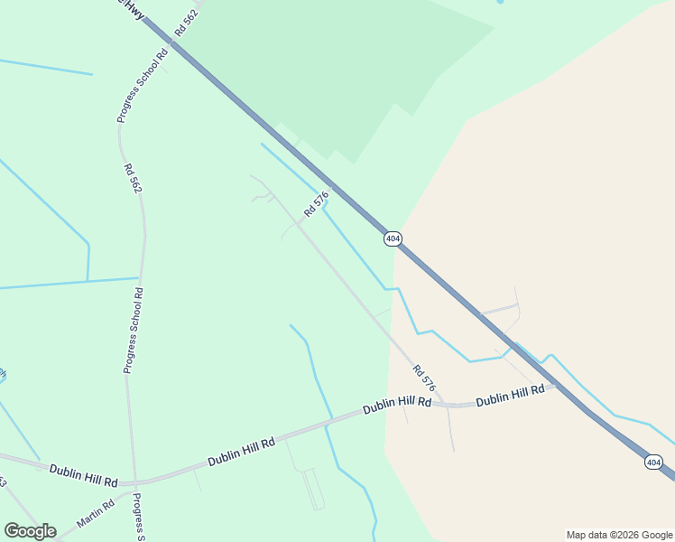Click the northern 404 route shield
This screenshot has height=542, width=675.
[x=392, y=238]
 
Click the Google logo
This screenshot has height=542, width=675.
[x=30, y=531]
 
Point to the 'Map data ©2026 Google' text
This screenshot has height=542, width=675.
[x=619, y=535]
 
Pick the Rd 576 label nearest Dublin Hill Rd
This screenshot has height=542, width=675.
[x=424, y=378]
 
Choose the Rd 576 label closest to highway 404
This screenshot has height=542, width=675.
[x=316, y=203]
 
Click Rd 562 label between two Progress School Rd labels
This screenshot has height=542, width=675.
[x=134, y=178]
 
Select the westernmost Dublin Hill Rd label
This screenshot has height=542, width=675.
[x=84, y=471]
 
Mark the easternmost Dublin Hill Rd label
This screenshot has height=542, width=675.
[x=510, y=395]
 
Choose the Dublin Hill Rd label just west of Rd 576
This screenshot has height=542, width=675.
[x=397, y=406]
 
